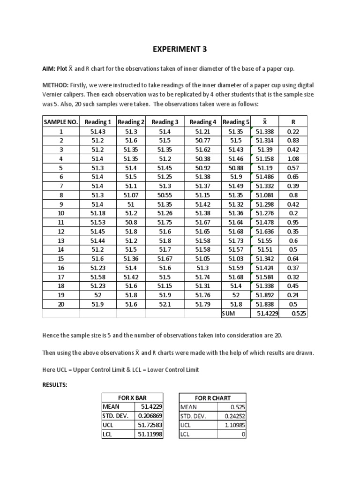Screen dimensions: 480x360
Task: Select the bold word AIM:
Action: click(x=50, y=69)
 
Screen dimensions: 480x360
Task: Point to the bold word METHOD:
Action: click(x=56, y=85)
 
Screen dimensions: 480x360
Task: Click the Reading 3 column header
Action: click(x=165, y=122)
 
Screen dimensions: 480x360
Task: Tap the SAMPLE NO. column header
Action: click(x=61, y=122)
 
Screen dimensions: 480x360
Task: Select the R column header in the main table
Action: click(x=293, y=122)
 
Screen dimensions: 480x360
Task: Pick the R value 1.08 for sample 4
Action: click(x=293, y=159)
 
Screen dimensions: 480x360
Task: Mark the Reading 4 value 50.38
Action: click(x=202, y=159)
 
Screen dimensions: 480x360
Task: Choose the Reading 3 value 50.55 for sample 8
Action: click(x=165, y=195)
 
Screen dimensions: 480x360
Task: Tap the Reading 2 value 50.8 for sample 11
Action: click(x=131, y=222)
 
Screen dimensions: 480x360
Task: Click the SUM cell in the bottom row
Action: click(x=231, y=314)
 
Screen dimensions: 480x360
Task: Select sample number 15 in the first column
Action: click(x=61, y=259)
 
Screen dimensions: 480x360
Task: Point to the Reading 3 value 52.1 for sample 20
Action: click(x=165, y=304)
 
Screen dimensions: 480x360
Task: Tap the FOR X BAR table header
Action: click(x=132, y=398)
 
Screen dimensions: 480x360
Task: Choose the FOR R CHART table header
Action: click(x=213, y=398)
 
